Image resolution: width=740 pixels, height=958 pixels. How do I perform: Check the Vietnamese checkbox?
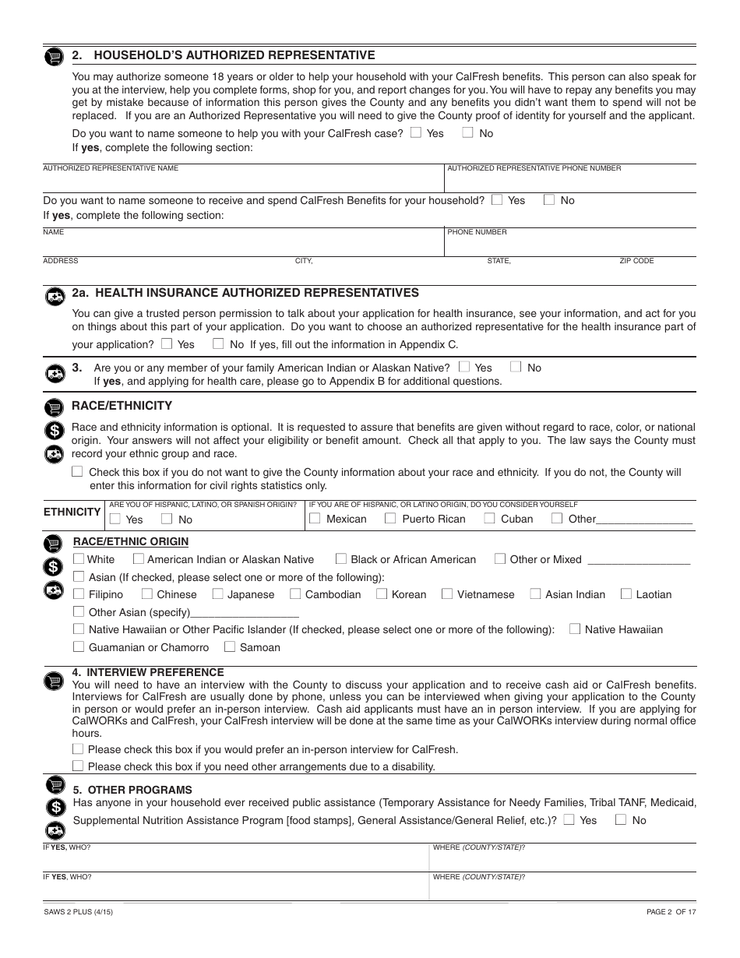point(447,593)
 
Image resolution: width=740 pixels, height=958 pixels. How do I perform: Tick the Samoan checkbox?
point(230,646)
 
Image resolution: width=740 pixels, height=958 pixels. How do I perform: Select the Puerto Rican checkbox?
point(390,518)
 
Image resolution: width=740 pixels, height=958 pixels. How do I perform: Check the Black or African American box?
point(341,558)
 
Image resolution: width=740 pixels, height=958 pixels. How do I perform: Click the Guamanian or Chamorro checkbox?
point(79,646)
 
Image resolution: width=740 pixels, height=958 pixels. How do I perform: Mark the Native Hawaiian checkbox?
point(575,629)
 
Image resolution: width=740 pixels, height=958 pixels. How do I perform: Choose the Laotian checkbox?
point(626,593)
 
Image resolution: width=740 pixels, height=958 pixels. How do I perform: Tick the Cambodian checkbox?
point(295,593)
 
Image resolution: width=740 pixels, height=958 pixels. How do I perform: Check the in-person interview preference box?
point(78,748)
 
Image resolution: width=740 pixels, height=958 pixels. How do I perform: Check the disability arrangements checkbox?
point(78,766)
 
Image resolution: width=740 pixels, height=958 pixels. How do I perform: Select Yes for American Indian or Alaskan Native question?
point(465,367)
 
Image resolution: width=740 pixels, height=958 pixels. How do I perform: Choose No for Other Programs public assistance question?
point(622,819)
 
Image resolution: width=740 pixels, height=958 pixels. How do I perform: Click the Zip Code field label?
point(636,261)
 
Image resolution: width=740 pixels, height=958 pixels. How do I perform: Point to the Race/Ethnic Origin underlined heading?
point(131,541)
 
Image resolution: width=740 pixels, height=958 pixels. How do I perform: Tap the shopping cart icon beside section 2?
point(54,57)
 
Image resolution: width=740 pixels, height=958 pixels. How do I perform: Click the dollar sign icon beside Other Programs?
point(54,807)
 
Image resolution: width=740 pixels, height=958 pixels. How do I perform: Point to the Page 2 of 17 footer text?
point(671,912)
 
